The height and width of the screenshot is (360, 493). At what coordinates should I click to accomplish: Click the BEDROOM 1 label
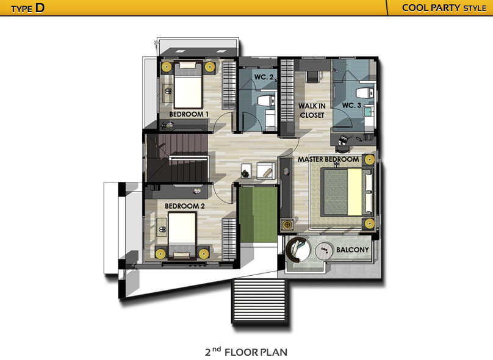point(189,114)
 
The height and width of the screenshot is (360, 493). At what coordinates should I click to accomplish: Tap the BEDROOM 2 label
point(184,206)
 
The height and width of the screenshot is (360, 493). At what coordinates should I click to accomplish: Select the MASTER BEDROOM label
point(328,159)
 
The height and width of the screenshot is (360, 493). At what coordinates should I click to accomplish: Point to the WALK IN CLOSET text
point(312,110)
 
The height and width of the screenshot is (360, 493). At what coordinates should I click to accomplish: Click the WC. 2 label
point(264,77)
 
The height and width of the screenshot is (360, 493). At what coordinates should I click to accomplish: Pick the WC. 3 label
point(351,106)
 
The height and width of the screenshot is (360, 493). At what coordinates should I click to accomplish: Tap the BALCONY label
point(353,250)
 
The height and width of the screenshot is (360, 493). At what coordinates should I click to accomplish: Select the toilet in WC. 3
point(364,93)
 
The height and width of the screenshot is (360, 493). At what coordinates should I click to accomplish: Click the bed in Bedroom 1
point(188,85)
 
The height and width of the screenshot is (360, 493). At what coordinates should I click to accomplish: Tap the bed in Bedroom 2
point(182,236)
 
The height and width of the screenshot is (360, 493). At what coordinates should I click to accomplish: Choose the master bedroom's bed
point(346,192)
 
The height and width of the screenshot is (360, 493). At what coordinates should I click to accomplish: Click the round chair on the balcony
point(298,250)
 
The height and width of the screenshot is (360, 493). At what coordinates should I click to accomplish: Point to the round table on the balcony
point(324,251)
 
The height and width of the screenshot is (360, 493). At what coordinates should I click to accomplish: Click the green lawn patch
point(258,215)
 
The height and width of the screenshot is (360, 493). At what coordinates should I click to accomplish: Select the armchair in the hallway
point(265,171)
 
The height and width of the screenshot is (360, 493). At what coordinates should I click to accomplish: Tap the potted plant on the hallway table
point(245,173)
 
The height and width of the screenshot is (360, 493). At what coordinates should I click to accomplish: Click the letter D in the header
point(40,8)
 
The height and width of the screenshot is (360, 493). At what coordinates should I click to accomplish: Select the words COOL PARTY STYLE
point(444,8)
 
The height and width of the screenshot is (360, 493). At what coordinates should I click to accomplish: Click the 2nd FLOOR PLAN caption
point(246,352)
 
